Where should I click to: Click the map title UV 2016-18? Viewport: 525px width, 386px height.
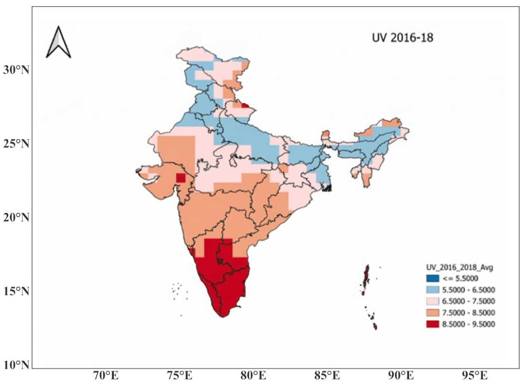(x=403, y=38)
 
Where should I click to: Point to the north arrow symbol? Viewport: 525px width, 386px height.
(x=58, y=42)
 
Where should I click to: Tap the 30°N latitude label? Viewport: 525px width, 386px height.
(x=16, y=70)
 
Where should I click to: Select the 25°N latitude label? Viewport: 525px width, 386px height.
(x=16, y=144)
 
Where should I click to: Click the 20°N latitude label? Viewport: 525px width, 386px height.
(x=16, y=217)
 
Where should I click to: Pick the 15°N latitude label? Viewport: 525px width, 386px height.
(x=16, y=291)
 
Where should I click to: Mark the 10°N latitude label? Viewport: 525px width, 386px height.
(x=16, y=365)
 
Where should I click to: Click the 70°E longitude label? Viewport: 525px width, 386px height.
(x=106, y=376)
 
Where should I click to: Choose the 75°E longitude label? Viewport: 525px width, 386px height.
(x=180, y=376)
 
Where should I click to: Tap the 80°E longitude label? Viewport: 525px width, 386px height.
(x=253, y=376)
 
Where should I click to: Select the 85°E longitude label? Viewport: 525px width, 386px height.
(x=327, y=376)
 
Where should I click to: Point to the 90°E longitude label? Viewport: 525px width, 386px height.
(x=401, y=376)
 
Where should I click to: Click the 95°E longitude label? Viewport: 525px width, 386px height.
(x=475, y=376)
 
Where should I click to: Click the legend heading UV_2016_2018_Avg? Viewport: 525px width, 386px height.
(x=460, y=267)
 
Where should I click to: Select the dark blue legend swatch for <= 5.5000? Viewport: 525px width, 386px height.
(x=433, y=278)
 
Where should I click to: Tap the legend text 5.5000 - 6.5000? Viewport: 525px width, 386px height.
(x=469, y=290)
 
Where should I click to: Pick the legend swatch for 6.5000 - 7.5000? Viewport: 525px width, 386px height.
(x=433, y=302)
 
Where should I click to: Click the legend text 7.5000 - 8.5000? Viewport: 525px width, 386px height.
(x=469, y=313)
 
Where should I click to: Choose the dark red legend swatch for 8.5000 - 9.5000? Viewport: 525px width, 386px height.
(x=433, y=324)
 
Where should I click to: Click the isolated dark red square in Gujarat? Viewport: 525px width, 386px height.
(x=181, y=178)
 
